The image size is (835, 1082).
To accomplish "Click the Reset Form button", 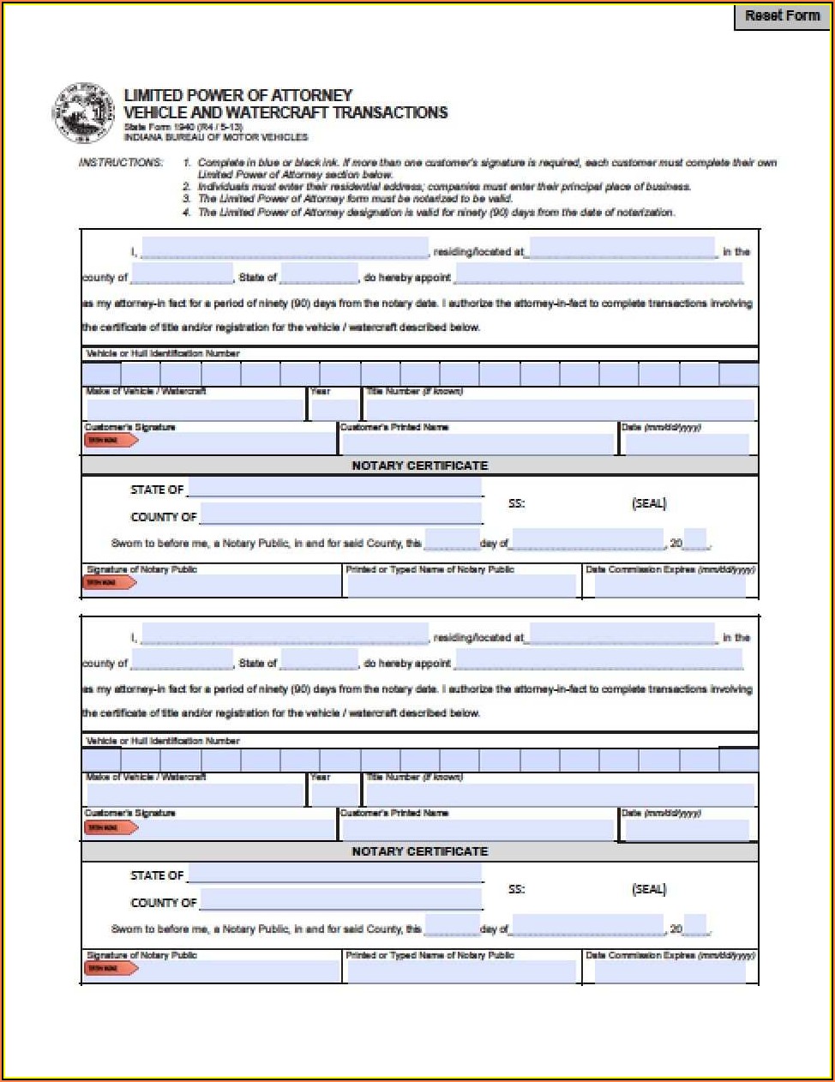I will pyautogui.click(x=782, y=16).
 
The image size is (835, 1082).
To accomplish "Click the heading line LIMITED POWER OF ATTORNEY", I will pyautogui.click(x=238, y=95).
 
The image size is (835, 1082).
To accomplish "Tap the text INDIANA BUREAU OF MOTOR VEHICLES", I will pyautogui.click(x=215, y=137).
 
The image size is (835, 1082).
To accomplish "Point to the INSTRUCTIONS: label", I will pyautogui.click(x=121, y=163).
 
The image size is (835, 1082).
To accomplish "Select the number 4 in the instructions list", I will pyautogui.click(x=186, y=213).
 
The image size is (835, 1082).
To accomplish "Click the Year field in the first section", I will pyautogui.click(x=333, y=410).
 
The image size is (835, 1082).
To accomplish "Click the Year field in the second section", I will pyautogui.click(x=333, y=796).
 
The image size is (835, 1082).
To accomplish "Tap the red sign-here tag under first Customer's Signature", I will pyautogui.click(x=111, y=441).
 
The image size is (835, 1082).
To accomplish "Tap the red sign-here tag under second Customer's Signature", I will pyautogui.click(x=111, y=827).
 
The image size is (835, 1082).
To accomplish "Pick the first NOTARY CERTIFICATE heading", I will pyautogui.click(x=419, y=466).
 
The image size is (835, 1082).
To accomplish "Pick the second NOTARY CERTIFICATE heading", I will pyautogui.click(x=419, y=851).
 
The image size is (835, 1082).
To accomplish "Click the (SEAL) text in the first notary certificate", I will pyautogui.click(x=648, y=503).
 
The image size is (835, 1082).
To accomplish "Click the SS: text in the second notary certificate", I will pyautogui.click(x=516, y=889).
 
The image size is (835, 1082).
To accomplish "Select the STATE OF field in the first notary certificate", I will pyautogui.click(x=334, y=489).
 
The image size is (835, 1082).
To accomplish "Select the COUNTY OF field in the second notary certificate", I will pyautogui.click(x=340, y=900).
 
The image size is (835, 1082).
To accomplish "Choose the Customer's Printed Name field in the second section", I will pyautogui.click(x=478, y=830).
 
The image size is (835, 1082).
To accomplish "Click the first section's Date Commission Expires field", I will pyautogui.click(x=670, y=586).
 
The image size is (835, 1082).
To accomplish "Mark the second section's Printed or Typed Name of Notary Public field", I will pyautogui.click(x=461, y=971).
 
